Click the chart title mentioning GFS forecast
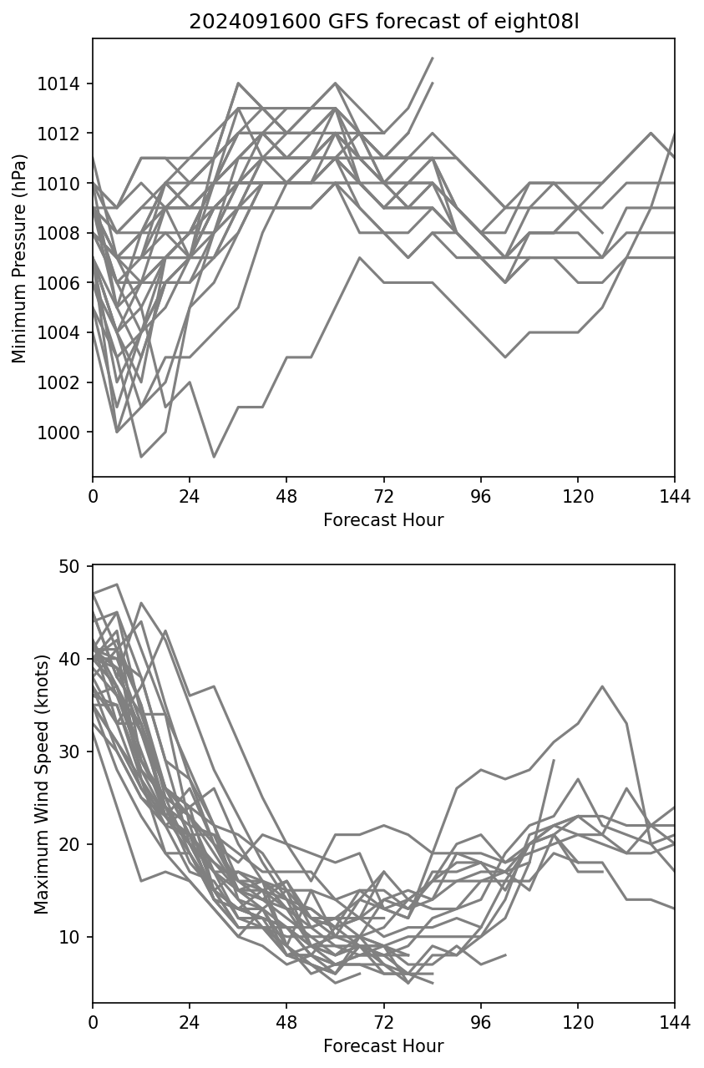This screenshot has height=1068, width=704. pos(383,22)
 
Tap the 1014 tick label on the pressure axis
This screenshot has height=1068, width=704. pos(63,84)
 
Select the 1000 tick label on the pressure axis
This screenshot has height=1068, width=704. pos(63,433)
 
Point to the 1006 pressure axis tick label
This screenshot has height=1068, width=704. pos(63,283)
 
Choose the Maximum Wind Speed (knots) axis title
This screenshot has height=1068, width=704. pos(41,783)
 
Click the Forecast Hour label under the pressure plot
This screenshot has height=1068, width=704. pos(383,520)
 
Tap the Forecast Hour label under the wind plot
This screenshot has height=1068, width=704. pos(383,1046)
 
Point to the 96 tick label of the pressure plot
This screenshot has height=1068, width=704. pos(481,499)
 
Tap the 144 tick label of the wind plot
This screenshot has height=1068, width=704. pos(675,1025)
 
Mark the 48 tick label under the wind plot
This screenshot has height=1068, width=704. pos(286,1025)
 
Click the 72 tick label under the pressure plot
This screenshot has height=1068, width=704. pos(383,499)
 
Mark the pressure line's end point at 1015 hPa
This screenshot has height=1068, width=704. pos(433,58)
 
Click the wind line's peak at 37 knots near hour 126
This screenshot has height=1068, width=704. pos(602,686)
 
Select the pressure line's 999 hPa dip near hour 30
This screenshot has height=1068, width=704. pos(214,457)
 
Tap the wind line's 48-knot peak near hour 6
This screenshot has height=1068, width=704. pos(117,585)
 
